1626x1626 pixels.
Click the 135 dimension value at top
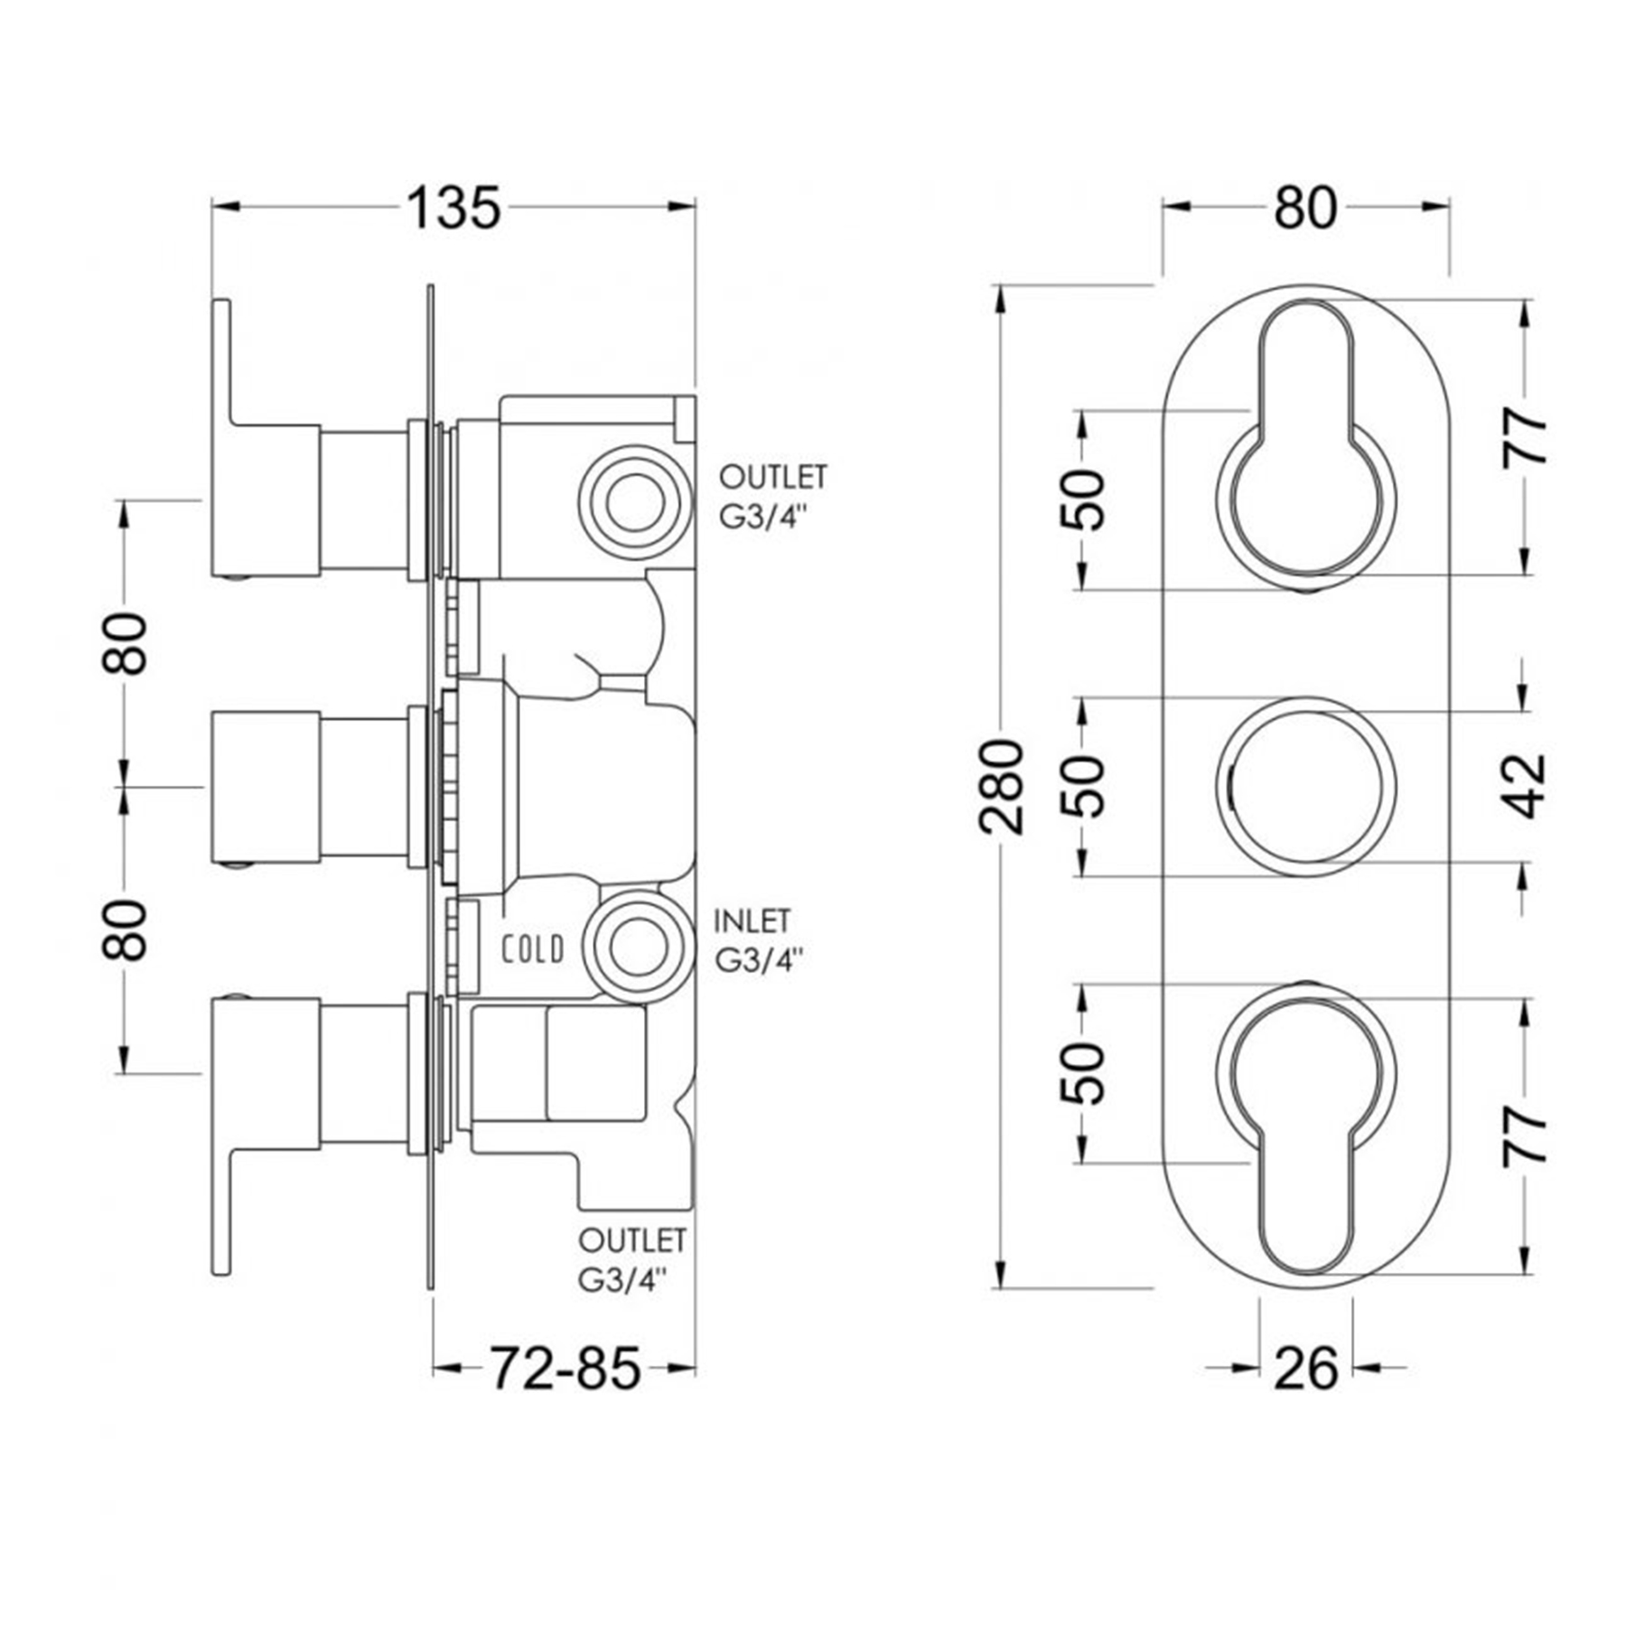click(453, 210)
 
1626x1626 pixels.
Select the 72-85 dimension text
click(565, 1368)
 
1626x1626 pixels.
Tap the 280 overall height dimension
click(1002, 786)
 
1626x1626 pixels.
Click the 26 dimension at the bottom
click(1305, 1368)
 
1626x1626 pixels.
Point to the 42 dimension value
click(1527, 786)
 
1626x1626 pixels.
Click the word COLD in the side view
click(533, 949)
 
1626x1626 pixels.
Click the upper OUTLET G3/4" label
click(772, 497)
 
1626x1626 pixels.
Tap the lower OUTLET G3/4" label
click(631, 1260)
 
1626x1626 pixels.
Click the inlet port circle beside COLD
click(638, 948)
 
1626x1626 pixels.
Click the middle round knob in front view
click(1306, 786)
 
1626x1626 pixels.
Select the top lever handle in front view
click(1306, 434)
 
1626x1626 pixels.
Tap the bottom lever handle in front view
click(1306, 1138)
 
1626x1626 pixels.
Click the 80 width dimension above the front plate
click(1305, 210)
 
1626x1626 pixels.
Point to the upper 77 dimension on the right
click(1527, 437)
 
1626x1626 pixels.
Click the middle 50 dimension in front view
click(1084, 786)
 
